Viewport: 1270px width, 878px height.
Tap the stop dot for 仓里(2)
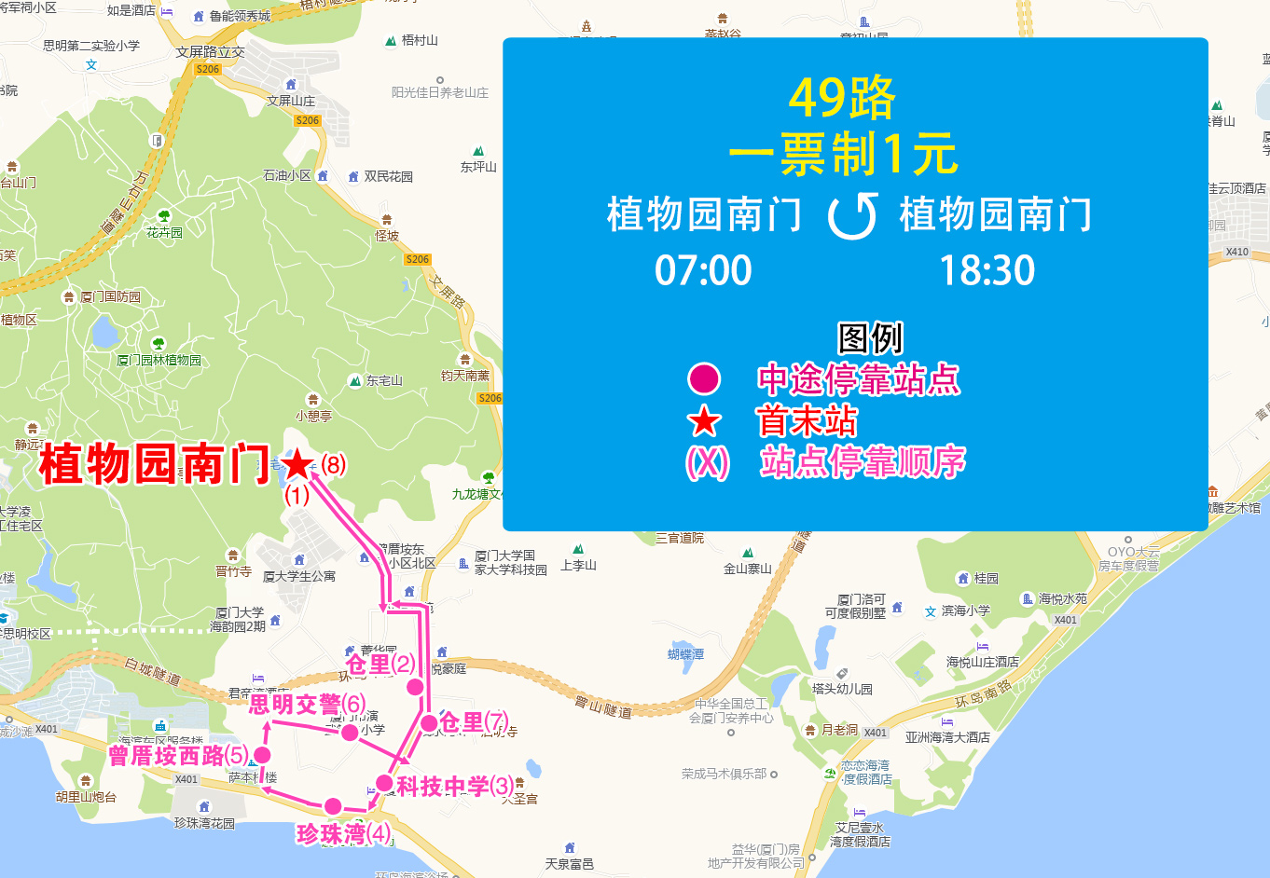(415, 687)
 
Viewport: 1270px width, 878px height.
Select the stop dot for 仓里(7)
(429, 722)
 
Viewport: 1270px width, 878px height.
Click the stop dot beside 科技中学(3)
(384, 783)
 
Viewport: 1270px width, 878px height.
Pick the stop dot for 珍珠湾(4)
(333, 806)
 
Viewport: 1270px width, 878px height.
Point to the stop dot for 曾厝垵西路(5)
(262, 755)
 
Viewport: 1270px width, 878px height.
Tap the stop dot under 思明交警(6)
(350, 733)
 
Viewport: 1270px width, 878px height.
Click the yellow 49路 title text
(842, 97)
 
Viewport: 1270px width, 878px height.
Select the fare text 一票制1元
(843, 154)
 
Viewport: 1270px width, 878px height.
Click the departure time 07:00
(703, 271)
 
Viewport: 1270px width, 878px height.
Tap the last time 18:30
(987, 271)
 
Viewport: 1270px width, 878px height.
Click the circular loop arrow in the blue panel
(852, 215)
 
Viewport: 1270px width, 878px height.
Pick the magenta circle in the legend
(704, 379)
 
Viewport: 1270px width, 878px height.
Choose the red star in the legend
(704, 421)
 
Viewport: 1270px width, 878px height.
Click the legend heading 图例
(870, 338)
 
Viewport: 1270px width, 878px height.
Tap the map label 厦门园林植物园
(159, 360)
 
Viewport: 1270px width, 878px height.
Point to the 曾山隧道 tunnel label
(602, 707)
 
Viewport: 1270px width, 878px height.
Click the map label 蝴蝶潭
(685, 654)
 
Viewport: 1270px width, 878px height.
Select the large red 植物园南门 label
(155, 463)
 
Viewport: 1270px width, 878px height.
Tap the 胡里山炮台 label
(86, 797)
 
